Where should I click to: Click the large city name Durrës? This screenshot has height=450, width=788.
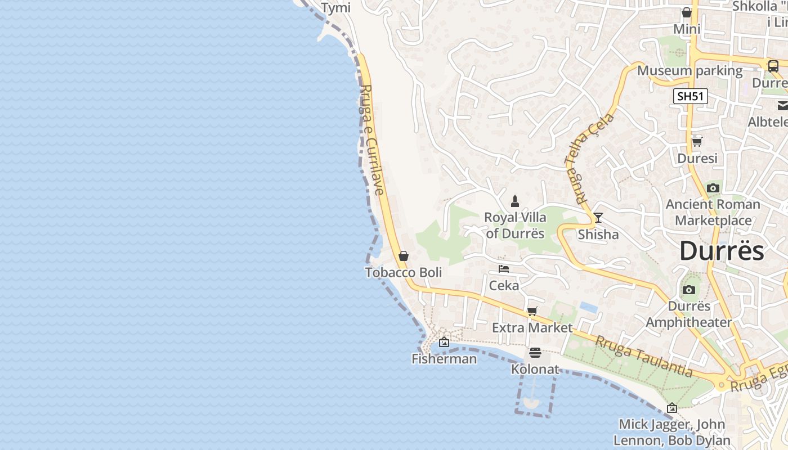coord(722,251)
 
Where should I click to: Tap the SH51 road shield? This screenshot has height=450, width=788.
coord(691,96)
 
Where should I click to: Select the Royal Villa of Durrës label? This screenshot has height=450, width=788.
coord(515,225)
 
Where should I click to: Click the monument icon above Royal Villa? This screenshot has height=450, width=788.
coord(515,201)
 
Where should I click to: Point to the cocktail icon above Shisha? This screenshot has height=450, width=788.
coord(598,218)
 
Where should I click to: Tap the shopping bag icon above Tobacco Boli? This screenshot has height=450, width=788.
coord(403,256)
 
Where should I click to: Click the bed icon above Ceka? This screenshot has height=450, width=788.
coord(504,269)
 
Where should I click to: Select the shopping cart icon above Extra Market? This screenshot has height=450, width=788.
coord(532,311)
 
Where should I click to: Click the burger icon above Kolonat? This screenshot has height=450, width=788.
coord(535,353)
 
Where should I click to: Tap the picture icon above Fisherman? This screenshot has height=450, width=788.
coord(444,342)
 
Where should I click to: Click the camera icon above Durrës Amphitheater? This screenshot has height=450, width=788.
coord(688,290)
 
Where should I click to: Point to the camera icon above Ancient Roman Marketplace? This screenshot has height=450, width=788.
coord(713,188)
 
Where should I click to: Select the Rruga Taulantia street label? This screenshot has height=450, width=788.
coord(644,356)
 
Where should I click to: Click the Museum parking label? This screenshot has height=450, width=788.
coord(689,71)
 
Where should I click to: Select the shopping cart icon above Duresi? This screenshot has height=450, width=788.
coord(697,142)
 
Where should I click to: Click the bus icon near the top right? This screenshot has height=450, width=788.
coord(773,66)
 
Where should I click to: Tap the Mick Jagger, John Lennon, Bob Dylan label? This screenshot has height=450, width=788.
coord(671,432)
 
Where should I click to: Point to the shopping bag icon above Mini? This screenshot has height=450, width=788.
coord(687,12)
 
